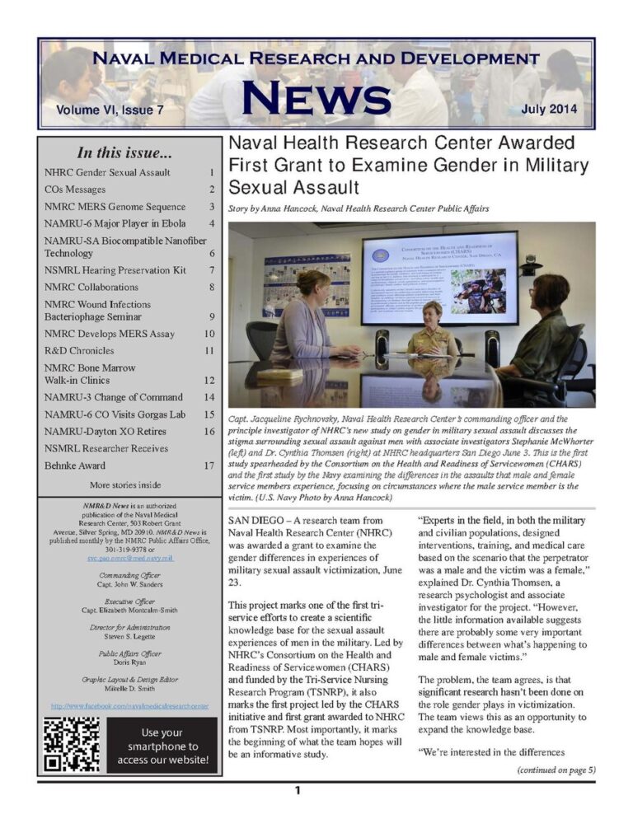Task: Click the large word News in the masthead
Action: pos(315,97)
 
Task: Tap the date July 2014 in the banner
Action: pos(550,109)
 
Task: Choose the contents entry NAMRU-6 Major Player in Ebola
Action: pos(115,223)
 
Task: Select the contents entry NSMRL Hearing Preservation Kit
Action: pos(115,270)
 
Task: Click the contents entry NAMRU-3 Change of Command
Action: pos(115,397)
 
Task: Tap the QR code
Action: pos(73,745)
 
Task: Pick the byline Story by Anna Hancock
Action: pos(359,209)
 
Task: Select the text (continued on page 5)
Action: pos(556,770)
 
